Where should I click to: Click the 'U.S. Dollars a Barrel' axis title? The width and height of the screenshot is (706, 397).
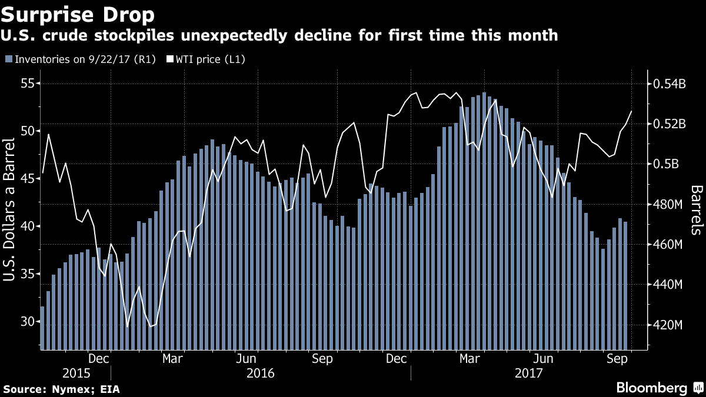click(9, 210)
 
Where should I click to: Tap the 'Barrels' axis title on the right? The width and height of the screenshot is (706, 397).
click(697, 210)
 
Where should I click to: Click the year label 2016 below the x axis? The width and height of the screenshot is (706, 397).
click(261, 373)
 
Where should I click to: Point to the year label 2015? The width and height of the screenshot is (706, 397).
click(76, 373)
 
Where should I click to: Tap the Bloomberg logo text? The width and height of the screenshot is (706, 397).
click(651, 388)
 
